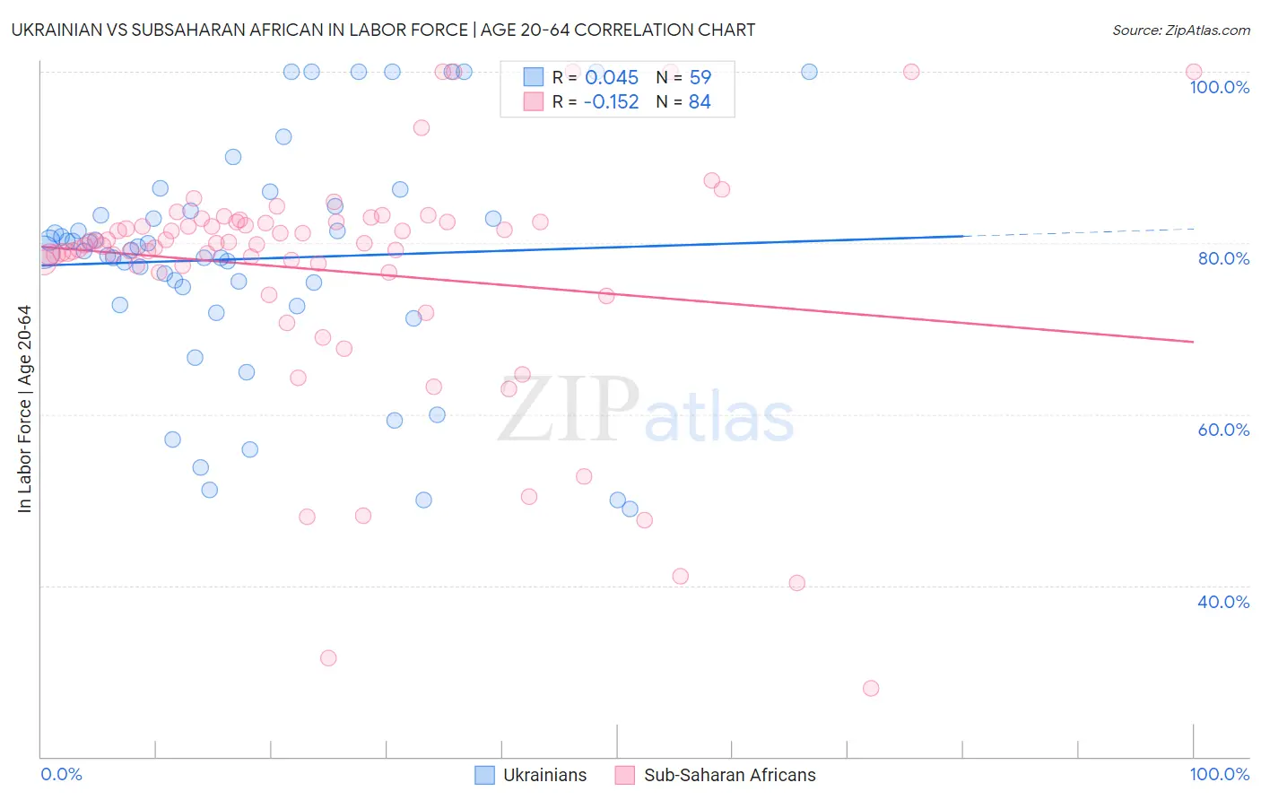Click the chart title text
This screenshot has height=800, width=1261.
click(x=384, y=30)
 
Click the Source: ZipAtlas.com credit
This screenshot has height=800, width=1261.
click(x=1180, y=30)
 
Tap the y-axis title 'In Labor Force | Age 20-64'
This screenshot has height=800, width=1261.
click(x=25, y=409)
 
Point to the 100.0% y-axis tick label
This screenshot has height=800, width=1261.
click(x=1219, y=87)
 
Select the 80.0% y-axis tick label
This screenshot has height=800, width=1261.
click(x=1222, y=258)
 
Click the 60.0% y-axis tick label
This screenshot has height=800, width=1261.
click(x=1222, y=430)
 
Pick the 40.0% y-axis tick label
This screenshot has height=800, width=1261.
click(x=1222, y=602)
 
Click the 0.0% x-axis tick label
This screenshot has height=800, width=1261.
click(x=61, y=774)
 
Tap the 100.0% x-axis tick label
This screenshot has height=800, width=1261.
click(x=1219, y=774)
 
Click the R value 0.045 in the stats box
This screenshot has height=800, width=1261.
click(x=612, y=77)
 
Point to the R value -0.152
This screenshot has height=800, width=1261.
click(x=611, y=102)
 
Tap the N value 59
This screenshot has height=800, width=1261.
click(x=700, y=77)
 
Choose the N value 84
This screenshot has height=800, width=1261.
click(x=700, y=102)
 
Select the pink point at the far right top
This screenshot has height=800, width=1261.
click(x=1193, y=72)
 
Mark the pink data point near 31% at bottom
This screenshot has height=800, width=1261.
click(x=328, y=658)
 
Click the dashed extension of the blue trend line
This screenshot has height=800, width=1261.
click(x=1076, y=232)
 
